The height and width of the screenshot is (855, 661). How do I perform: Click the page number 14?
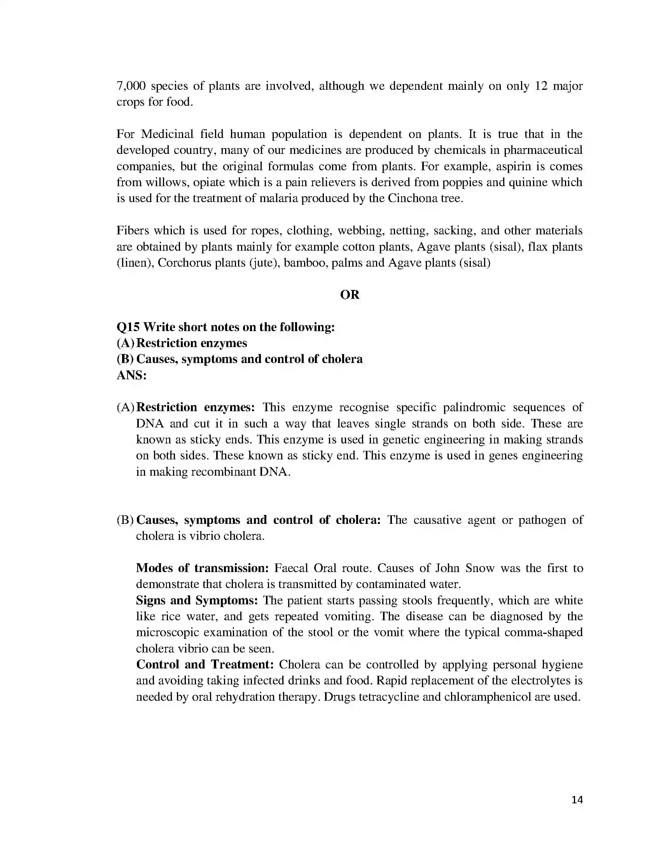577,799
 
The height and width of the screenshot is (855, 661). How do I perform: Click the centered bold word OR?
350,295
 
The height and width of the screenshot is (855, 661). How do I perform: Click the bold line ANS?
131,375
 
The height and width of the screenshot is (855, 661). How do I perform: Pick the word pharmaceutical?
543,150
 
